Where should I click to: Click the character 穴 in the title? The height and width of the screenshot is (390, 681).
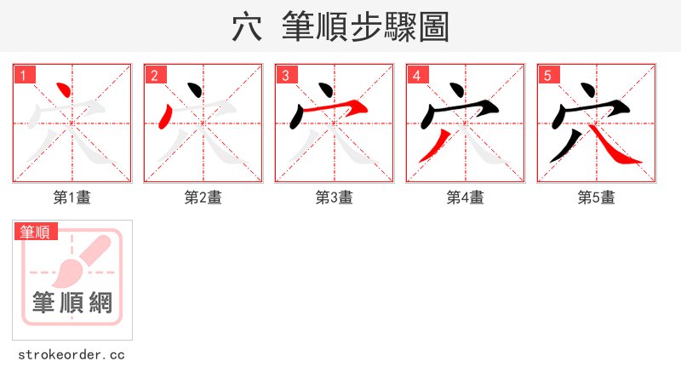pos(247,27)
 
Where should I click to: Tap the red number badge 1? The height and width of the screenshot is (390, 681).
pos(25,76)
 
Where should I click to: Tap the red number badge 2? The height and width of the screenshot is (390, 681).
pos(156,76)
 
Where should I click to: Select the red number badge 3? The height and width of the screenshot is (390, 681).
pos(287,76)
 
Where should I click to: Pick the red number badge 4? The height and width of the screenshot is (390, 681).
pos(418,76)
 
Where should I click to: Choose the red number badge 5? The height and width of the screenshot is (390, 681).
pos(549,76)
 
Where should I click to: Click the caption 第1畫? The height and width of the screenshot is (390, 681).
pos(72,198)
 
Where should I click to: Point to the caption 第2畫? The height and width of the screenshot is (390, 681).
pos(203,198)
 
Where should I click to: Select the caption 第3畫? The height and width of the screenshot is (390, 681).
pos(335,198)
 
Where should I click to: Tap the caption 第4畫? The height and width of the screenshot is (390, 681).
pos(466,198)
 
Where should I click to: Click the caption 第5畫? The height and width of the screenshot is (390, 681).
pos(597,198)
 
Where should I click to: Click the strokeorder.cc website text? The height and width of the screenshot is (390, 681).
pos(72,354)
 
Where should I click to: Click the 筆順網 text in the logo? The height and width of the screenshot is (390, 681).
pos(72,302)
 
